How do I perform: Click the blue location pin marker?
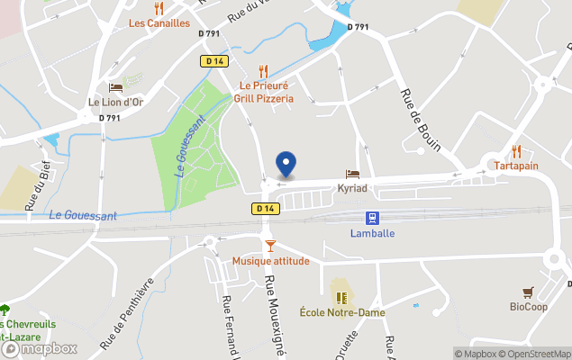tap(286, 163)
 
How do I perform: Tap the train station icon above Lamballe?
tap(371, 218)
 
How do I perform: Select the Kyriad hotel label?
tap(351, 189)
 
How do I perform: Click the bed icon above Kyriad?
tap(352, 174)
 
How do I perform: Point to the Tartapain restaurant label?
tap(516, 166)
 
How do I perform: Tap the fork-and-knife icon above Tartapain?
tap(516, 150)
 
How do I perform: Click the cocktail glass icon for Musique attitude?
tap(269, 246)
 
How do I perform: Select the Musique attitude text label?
tap(270, 261)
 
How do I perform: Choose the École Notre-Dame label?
tap(342, 312)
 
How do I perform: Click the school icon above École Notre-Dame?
tap(341, 297)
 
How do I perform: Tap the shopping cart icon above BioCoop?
tap(528, 292)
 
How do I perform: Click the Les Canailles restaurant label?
tap(159, 22)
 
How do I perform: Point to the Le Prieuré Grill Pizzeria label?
tap(264, 92)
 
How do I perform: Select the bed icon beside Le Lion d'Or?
tap(115, 87)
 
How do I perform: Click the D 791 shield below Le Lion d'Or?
tap(109, 118)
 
